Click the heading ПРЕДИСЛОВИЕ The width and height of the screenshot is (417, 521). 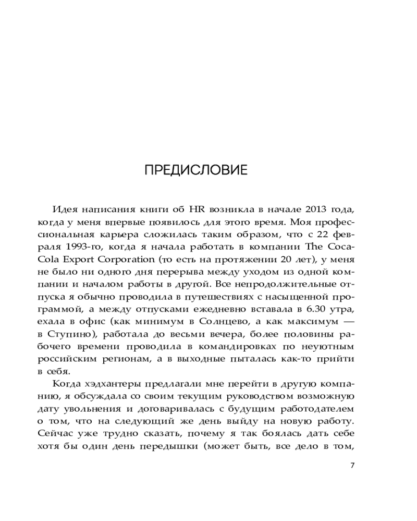[x=196, y=170]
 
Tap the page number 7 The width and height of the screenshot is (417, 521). [x=352, y=465]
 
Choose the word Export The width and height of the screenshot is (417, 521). [x=84, y=258]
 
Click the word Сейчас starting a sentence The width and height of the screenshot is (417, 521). [x=54, y=433]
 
